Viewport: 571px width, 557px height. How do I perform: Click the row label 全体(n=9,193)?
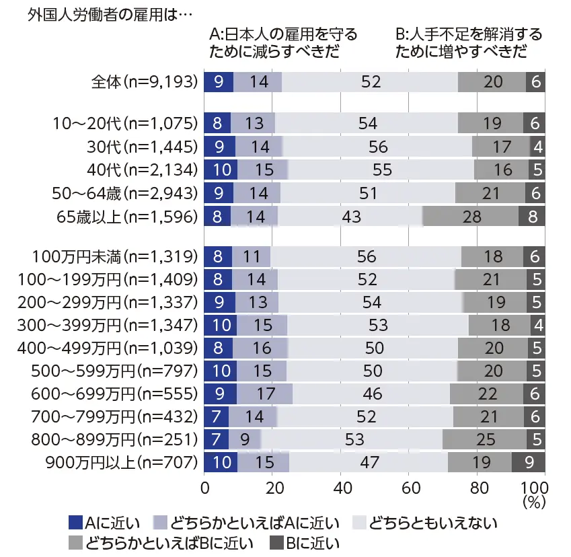(144, 82)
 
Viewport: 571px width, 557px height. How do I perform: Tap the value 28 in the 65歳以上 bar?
(470, 217)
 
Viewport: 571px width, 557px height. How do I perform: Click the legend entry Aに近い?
(104, 522)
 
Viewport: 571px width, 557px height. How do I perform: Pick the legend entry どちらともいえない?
(424, 522)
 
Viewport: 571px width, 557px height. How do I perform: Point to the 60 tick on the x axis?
(408, 486)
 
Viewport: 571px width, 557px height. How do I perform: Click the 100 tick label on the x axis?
(533, 486)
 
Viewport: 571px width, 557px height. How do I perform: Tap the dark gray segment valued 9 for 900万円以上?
(528, 462)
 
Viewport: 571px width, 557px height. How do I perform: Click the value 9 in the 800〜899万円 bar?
(244, 439)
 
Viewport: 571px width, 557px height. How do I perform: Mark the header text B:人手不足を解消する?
(469, 34)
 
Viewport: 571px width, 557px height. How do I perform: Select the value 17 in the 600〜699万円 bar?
(265, 394)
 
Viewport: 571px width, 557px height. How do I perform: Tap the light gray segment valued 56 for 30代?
(378, 146)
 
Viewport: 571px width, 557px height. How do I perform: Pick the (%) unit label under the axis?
(533, 501)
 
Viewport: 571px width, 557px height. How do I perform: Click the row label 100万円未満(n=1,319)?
(115, 256)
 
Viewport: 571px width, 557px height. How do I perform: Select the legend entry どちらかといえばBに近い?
(159, 542)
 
